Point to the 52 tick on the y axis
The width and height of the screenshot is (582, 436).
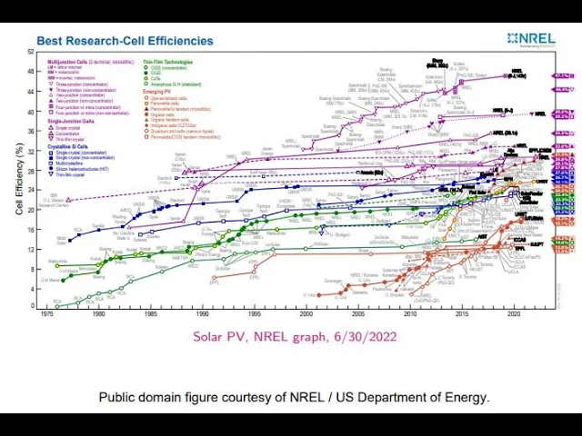click(x=31, y=50)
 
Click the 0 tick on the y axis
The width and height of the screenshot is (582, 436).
click(x=33, y=306)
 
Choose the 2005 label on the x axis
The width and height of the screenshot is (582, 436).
click(x=359, y=313)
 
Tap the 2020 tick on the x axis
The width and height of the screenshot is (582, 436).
click(x=515, y=313)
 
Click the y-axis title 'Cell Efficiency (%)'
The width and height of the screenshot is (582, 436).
click(x=19, y=180)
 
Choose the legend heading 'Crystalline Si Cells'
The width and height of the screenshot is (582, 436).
click(x=72, y=145)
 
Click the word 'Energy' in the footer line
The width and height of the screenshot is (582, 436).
click(x=466, y=397)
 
